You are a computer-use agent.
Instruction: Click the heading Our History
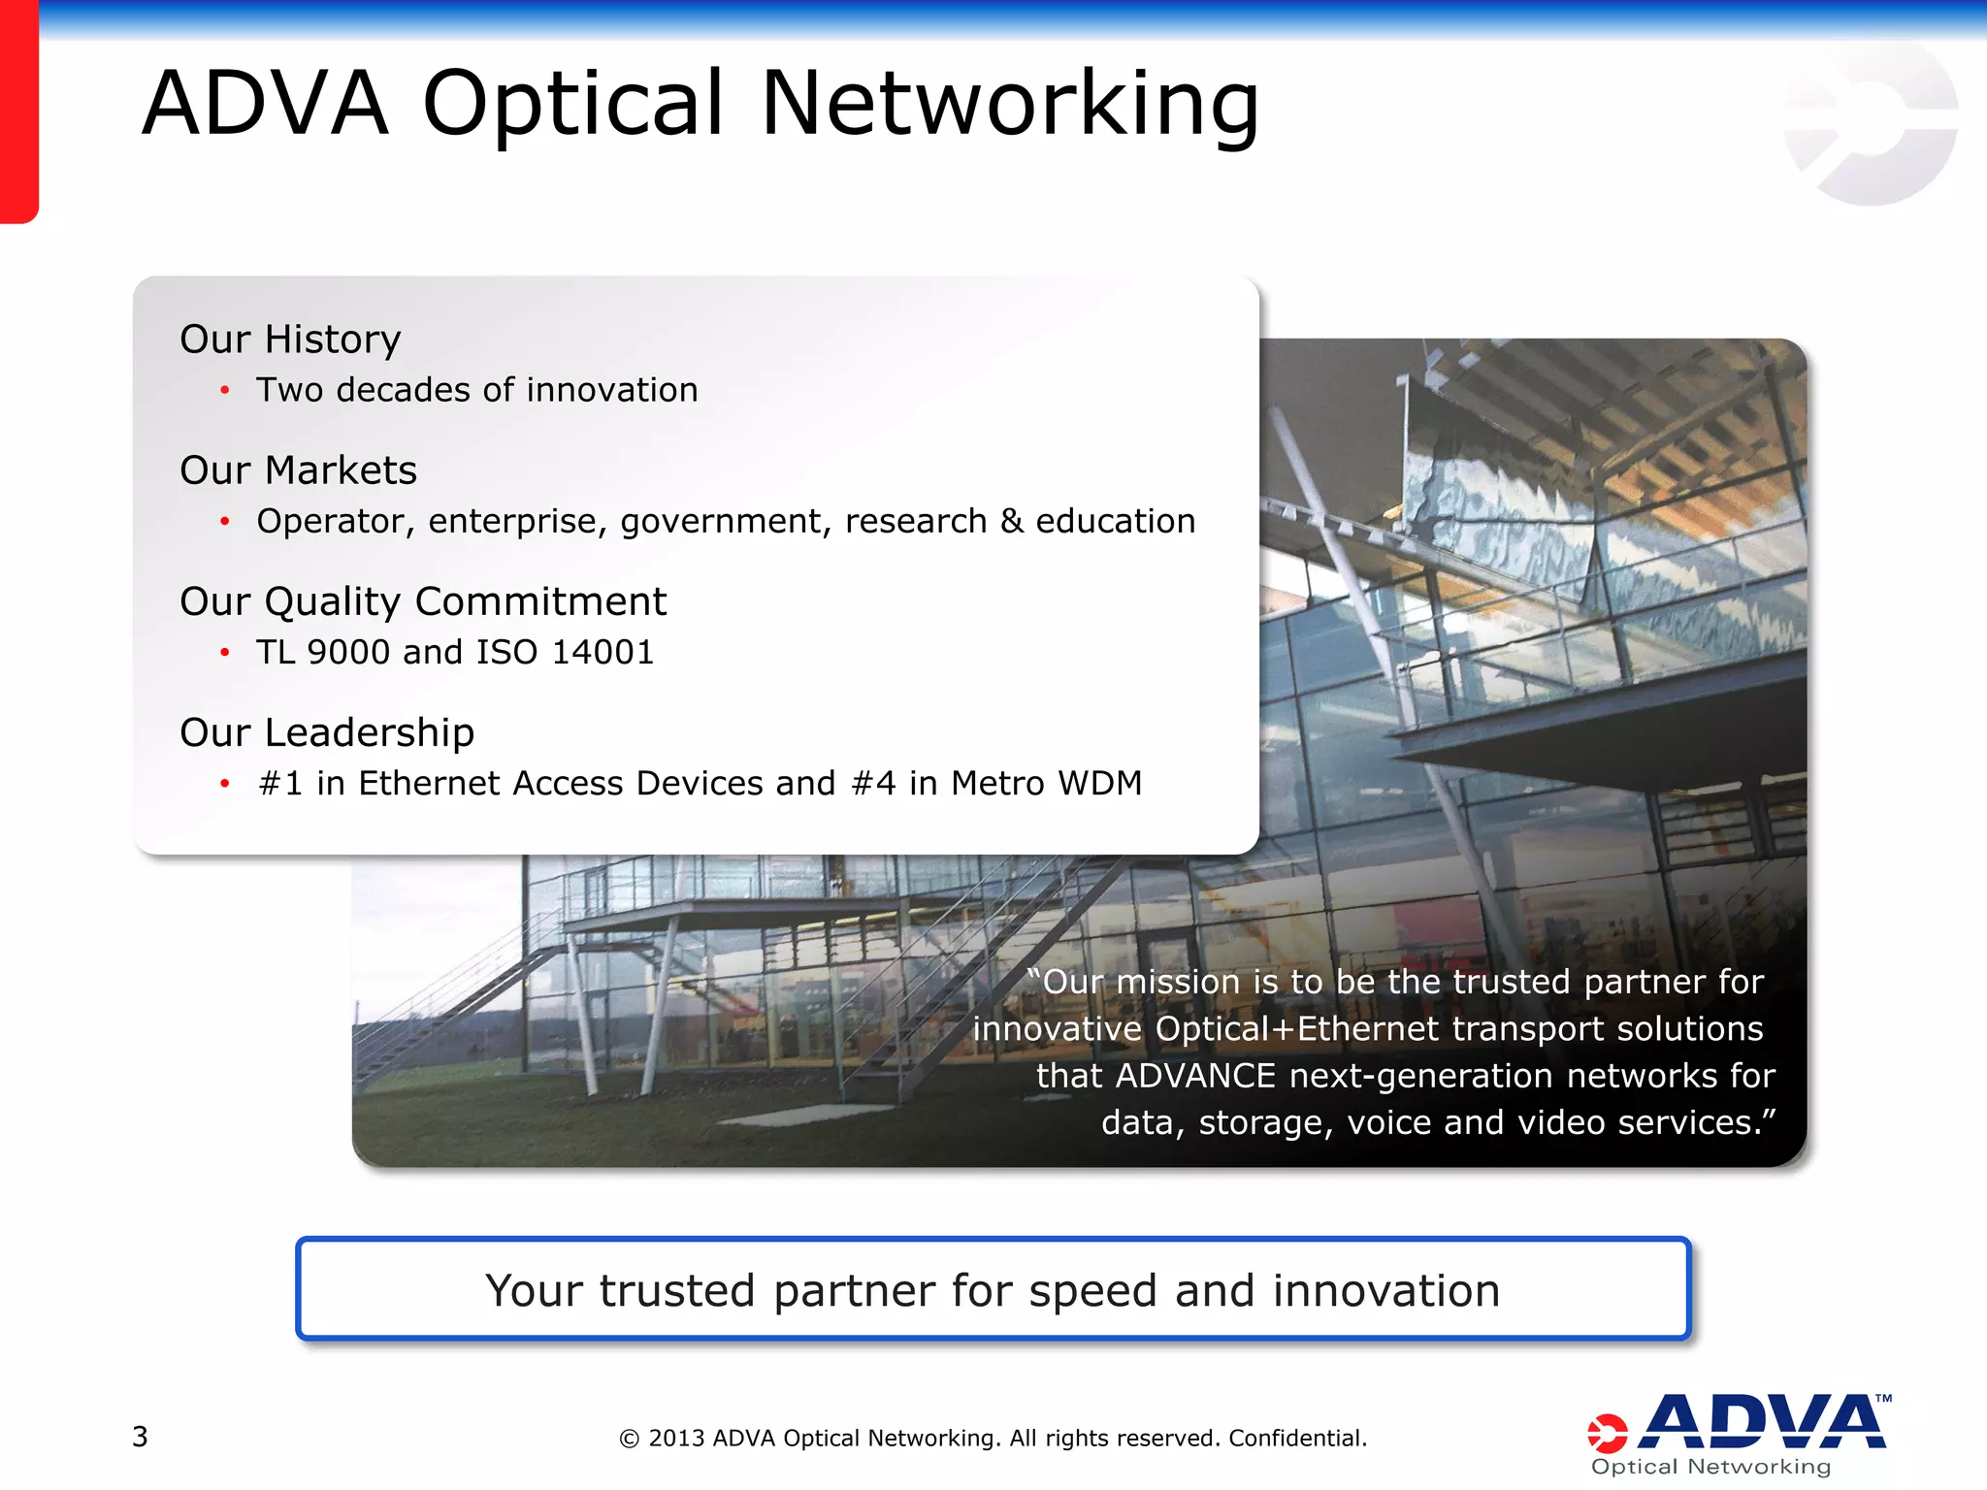pos(290,340)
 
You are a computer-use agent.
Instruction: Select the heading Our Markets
pos(298,470)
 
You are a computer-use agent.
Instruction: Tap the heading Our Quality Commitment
pos(423,601)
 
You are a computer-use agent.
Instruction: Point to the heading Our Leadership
pos(327,732)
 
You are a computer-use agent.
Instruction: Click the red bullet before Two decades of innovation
pos(225,391)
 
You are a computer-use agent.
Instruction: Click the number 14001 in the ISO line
pos(603,652)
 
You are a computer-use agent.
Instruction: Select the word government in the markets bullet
pos(726,522)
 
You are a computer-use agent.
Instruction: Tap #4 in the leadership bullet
pos(872,783)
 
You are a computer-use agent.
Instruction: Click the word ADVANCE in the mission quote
pos(1195,1076)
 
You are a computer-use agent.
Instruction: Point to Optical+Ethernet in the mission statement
pos(1297,1028)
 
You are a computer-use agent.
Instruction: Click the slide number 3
pos(140,1437)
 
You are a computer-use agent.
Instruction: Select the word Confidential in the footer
pos(1296,1438)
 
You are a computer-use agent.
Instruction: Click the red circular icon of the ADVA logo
pos(1607,1434)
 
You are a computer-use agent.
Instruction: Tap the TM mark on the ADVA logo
pos(1883,1399)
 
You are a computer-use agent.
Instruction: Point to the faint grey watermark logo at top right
pos(1870,123)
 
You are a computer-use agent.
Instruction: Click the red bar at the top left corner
pos(18,112)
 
